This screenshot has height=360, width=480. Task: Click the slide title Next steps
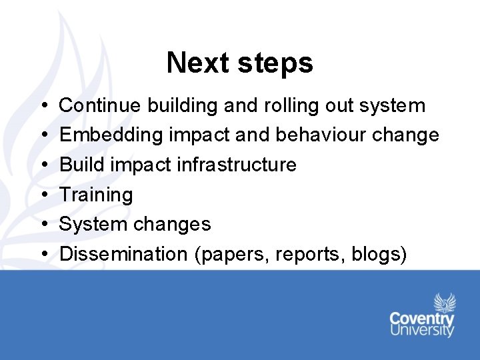click(x=239, y=63)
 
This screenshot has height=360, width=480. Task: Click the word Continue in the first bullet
click(x=101, y=105)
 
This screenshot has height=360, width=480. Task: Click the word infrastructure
click(x=237, y=165)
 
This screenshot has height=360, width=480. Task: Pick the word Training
click(x=96, y=195)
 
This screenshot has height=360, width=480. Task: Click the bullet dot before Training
click(x=43, y=195)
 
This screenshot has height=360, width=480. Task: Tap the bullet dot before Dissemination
click(x=43, y=255)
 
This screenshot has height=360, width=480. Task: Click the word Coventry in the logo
click(x=422, y=319)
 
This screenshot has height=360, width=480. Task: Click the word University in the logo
click(x=422, y=331)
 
